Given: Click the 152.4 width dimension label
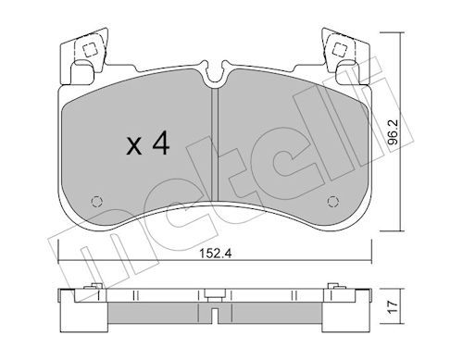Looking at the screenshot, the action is (x=215, y=254).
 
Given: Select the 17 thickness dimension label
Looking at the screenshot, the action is (x=393, y=307).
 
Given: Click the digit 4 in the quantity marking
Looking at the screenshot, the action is (x=161, y=143).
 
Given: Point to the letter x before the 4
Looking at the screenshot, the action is (x=134, y=146).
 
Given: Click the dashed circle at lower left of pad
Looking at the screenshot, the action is (x=97, y=202).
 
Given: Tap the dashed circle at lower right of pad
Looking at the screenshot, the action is (x=332, y=202).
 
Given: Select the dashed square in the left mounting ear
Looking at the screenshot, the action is (x=90, y=49).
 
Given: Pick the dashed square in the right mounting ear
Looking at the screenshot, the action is (x=340, y=49).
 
